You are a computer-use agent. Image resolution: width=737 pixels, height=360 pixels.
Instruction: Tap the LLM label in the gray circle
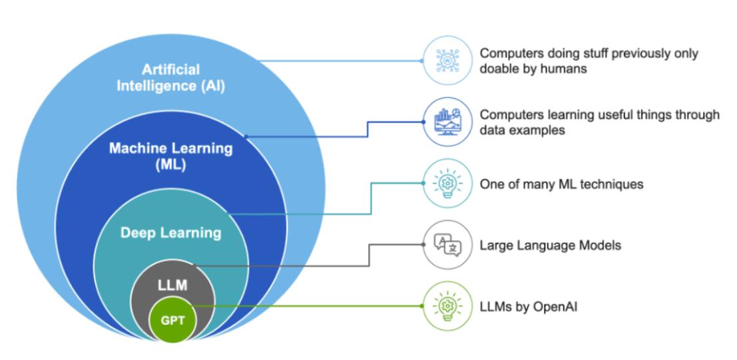172,285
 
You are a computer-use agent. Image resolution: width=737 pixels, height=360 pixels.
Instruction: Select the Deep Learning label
170,233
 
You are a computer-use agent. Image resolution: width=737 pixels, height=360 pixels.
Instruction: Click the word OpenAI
549,307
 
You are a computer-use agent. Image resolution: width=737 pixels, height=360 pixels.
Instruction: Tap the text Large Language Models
550,246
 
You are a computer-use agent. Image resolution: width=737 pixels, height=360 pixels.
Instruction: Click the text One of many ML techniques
561,184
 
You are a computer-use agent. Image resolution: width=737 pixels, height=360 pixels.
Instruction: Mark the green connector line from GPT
306,307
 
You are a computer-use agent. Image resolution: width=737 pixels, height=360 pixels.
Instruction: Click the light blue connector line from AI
340,61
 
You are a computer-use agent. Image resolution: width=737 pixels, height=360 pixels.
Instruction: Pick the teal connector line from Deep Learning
300,214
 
